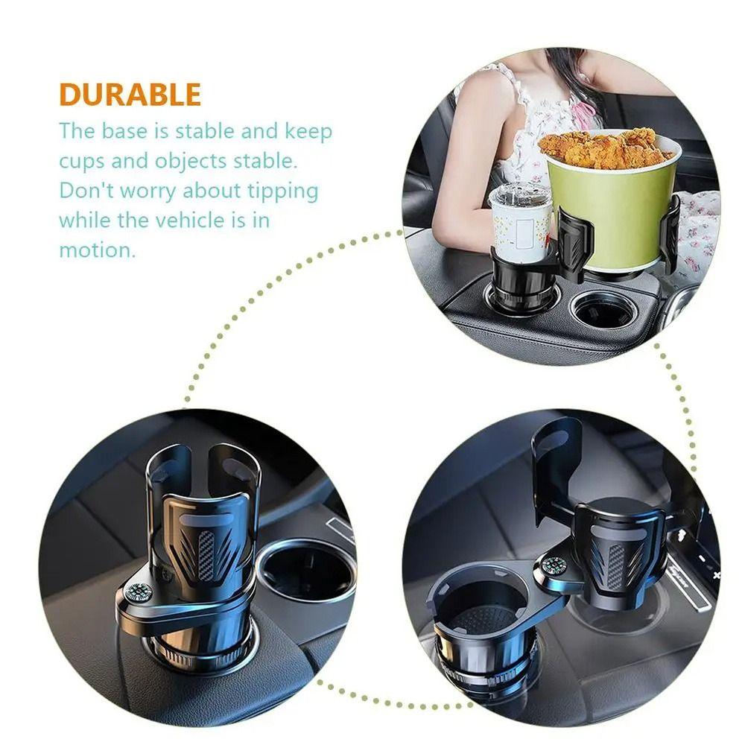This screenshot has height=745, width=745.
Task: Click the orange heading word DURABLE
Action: point(130,95)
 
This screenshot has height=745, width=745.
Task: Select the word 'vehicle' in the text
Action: point(194,221)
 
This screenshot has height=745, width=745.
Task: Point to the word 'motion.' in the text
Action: point(98,250)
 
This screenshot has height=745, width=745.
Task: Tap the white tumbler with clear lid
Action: point(519,220)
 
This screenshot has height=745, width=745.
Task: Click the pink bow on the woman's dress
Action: point(585,112)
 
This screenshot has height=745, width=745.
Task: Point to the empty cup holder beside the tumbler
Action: point(605,309)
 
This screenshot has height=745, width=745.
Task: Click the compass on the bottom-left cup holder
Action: point(139,592)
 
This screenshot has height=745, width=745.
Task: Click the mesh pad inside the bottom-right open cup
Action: point(482,618)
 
